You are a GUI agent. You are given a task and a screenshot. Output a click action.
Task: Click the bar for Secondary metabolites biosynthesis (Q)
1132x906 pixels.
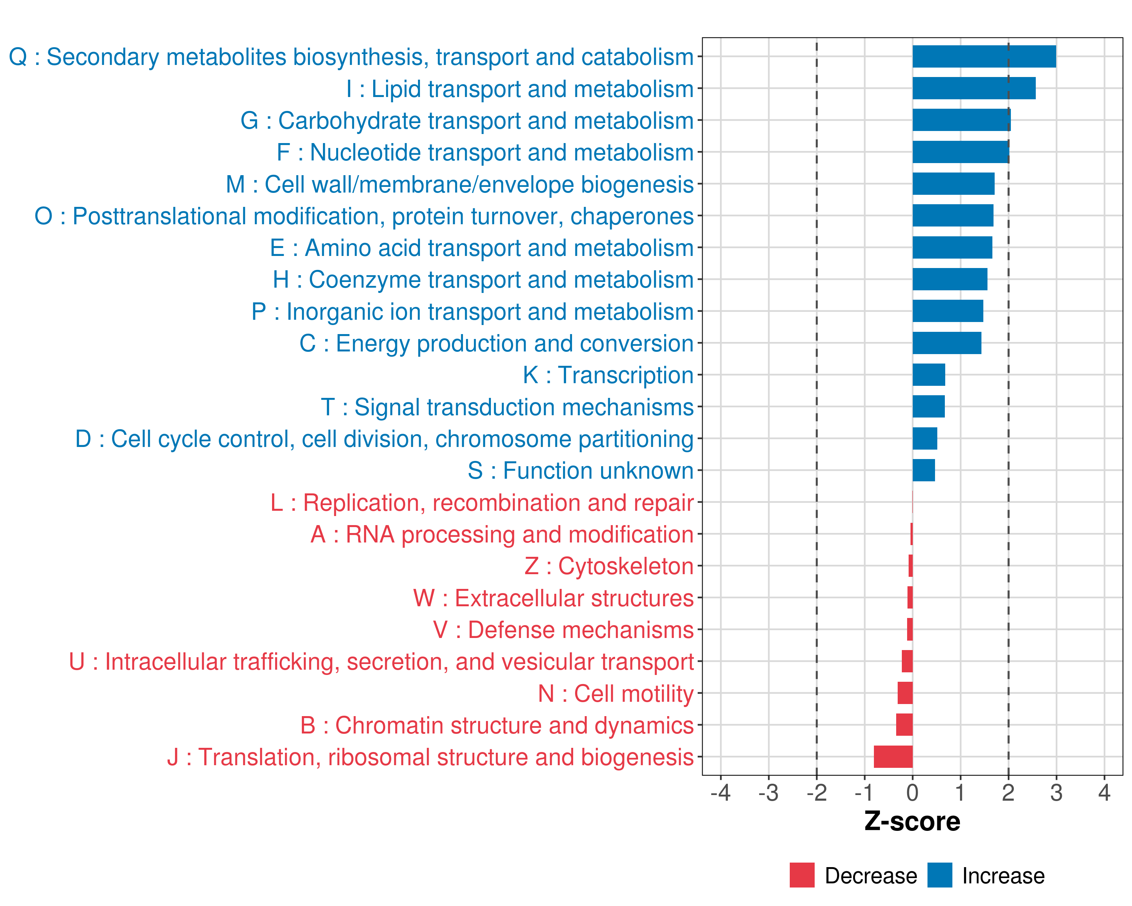click(x=984, y=57)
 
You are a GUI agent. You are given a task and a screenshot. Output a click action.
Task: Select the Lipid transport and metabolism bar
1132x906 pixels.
click(x=974, y=88)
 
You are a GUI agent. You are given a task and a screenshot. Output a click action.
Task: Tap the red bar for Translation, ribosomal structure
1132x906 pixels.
click(x=893, y=757)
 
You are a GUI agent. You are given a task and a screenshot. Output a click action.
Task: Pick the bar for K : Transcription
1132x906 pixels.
click(x=929, y=375)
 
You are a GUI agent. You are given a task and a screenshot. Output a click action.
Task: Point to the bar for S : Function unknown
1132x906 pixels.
click(x=924, y=470)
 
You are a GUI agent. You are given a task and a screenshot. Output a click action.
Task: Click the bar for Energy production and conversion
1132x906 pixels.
click(x=947, y=343)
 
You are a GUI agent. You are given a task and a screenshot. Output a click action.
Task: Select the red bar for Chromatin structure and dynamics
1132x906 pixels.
click(x=904, y=725)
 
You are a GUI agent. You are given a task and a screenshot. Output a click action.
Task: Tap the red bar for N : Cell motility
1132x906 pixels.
click(x=905, y=693)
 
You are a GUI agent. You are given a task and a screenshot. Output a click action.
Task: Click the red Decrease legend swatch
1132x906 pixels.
click(x=802, y=875)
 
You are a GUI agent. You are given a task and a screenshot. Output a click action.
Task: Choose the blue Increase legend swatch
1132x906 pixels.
click(x=939, y=875)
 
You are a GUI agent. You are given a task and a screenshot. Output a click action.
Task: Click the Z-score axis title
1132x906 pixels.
click(x=912, y=821)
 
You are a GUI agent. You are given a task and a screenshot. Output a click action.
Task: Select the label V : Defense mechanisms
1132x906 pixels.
click(x=563, y=630)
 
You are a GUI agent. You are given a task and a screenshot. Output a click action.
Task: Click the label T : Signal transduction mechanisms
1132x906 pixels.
click(x=507, y=407)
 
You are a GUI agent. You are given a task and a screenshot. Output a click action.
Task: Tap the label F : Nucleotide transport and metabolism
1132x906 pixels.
click(x=485, y=152)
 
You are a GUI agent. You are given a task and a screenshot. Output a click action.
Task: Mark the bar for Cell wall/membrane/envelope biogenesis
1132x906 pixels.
click(x=954, y=184)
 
